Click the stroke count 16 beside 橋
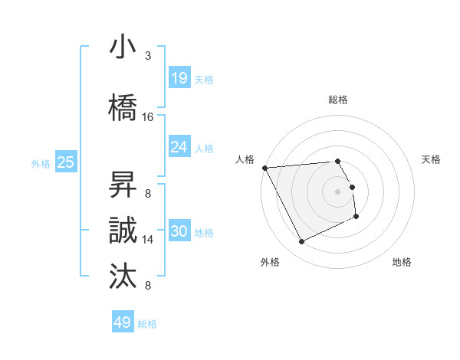tap(148, 117)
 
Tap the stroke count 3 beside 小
tap(148, 56)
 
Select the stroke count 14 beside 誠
tap(148, 240)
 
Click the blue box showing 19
tap(179, 78)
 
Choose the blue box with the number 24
tap(179, 147)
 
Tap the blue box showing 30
tap(179, 231)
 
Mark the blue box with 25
tap(65, 162)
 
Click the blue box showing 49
tap(122, 322)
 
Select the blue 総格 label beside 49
tap(147, 324)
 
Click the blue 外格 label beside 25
tap(41, 163)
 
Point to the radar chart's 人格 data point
tap(264, 168)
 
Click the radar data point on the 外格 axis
tap(301, 242)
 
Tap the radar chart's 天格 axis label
tap(432, 159)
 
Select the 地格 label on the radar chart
tap(402, 263)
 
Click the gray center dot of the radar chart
tap(337, 191)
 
